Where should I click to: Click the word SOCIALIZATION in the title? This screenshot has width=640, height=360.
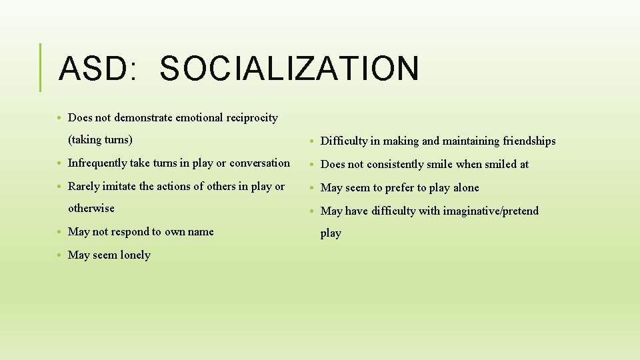(x=289, y=69)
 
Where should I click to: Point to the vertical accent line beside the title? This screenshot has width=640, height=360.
(x=41, y=67)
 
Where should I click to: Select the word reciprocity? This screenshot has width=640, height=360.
(x=252, y=118)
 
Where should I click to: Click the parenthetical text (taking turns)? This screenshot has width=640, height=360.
(x=100, y=140)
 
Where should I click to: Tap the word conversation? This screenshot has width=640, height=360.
(x=260, y=163)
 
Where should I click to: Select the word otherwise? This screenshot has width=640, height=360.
(x=91, y=208)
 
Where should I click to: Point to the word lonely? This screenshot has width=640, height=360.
(x=135, y=255)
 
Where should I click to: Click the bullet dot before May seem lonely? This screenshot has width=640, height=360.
(x=60, y=255)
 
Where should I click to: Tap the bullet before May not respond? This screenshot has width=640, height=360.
(x=60, y=232)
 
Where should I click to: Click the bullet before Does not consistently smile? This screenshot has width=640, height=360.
(x=313, y=165)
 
